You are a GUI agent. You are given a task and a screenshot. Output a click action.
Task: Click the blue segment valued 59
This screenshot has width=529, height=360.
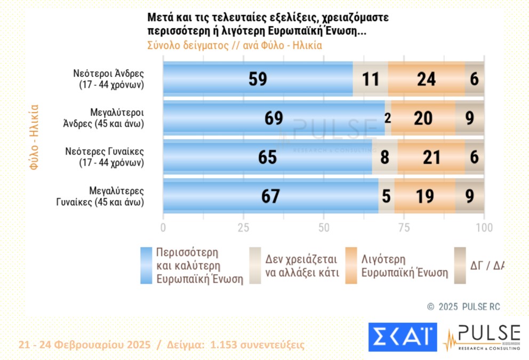(258, 79)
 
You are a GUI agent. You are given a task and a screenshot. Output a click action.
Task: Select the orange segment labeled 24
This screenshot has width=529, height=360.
(426, 79)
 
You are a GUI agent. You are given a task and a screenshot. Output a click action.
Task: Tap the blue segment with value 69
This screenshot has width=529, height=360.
(274, 118)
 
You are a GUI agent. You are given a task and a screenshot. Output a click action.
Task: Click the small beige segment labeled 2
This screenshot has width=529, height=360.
(388, 118)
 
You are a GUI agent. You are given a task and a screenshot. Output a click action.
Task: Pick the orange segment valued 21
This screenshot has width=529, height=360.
(431, 157)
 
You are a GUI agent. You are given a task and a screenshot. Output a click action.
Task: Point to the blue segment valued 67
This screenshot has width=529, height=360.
(270, 196)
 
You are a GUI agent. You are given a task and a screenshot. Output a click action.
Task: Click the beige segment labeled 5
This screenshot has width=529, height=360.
(387, 196)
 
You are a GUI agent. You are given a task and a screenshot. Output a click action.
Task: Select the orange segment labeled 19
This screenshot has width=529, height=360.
(424, 196)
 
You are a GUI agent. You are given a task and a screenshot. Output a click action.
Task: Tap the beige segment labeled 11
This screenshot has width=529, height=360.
(370, 79)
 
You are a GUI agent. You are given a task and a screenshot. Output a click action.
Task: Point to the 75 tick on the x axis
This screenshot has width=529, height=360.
(404, 227)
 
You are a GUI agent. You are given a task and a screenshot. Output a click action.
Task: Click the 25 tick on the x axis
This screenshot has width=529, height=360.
(243, 227)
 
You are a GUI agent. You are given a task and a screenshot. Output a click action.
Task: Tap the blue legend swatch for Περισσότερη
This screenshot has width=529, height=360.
(146, 265)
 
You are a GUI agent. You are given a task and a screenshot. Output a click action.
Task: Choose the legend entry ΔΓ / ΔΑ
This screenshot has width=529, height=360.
(487, 265)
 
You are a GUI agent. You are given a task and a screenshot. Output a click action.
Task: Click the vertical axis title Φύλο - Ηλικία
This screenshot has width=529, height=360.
(34, 137)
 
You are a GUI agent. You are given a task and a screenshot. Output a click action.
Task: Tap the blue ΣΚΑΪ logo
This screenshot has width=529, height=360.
(402, 337)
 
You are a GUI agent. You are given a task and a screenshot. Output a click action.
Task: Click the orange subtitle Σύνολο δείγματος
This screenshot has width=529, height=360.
(193, 45)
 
